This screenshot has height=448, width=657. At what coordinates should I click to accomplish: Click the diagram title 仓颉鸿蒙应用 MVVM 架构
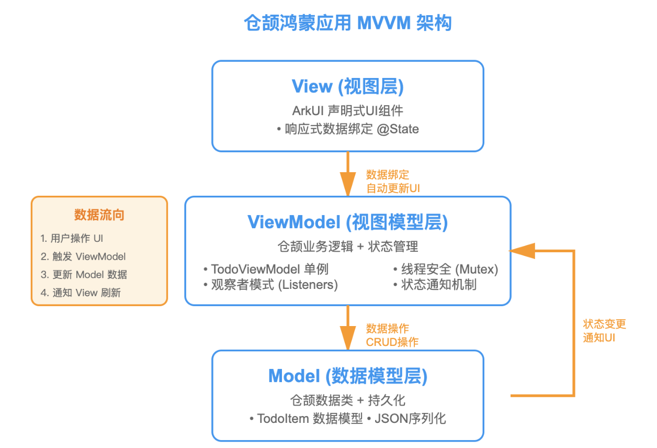[x=347, y=24]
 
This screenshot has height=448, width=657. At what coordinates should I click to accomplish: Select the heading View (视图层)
[x=347, y=87]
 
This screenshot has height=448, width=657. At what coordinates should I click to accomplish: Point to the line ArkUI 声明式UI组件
[x=347, y=111]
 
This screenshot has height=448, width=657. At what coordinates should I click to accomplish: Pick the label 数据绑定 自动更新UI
[x=392, y=182]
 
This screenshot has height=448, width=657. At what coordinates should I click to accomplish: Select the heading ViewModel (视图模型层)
[x=347, y=222]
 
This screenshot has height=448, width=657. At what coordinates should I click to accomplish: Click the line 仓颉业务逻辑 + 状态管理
[x=347, y=247]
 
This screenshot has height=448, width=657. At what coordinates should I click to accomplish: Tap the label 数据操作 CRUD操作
[x=392, y=335]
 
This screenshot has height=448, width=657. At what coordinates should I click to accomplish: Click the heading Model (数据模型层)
[x=347, y=376]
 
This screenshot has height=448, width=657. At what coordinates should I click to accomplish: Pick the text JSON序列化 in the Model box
[x=410, y=419]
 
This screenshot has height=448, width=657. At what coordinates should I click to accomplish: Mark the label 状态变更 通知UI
[x=604, y=331]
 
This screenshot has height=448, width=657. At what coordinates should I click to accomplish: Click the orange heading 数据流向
[x=99, y=215]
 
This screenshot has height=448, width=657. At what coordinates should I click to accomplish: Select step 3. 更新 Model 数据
[x=84, y=274]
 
